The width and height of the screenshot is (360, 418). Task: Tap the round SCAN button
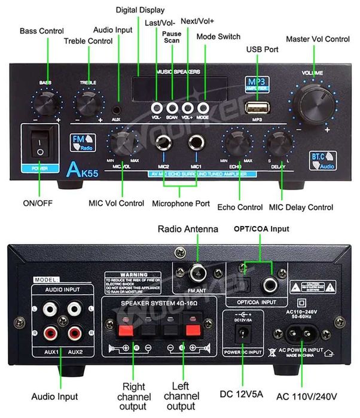pyautogui.click(x=172, y=108)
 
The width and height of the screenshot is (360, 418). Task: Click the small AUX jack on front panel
pyautogui.click(x=117, y=110)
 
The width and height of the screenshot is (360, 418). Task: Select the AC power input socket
pyautogui.click(x=291, y=336)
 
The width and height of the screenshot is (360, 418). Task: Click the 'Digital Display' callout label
pyautogui.click(x=141, y=9)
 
